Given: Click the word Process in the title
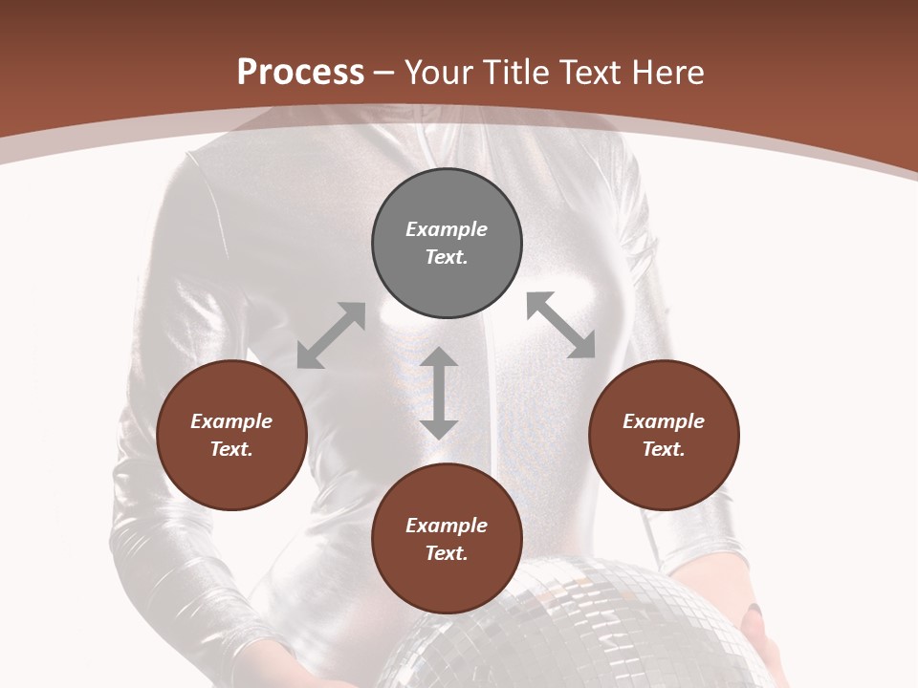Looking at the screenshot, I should (300, 73).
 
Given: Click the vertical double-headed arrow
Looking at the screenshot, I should (439, 393).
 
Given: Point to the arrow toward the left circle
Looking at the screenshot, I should (331, 335).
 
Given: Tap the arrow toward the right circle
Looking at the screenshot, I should (560, 325).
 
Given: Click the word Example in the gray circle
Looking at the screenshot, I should (447, 229).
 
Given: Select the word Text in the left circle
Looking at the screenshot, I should (231, 449).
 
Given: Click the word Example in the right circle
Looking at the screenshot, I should (664, 421).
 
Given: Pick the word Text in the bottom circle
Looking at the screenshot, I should (447, 553).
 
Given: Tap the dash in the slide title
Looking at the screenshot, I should (383, 74).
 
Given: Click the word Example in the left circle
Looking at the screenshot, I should (231, 421).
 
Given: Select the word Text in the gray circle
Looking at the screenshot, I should (447, 257).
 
